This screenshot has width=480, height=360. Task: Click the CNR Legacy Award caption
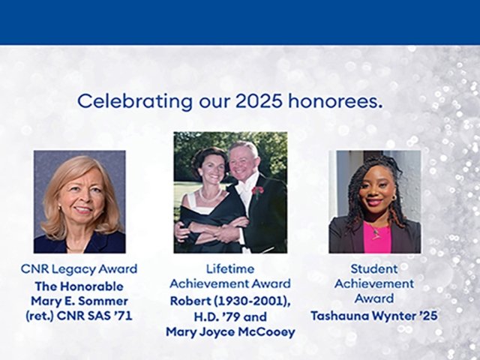pyautogui.click(x=79, y=268)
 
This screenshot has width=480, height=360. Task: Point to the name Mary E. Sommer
pyautogui.click(x=79, y=300)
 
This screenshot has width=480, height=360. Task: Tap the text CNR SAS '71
pyautogui.click(x=97, y=315)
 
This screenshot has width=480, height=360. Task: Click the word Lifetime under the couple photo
pyautogui.click(x=229, y=268)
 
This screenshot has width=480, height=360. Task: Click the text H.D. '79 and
pyautogui.click(x=231, y=315)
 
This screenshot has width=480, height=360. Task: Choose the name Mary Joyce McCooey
pyautogui.click(x=229, y=331)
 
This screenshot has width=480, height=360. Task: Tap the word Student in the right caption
pyautogui.click(x=373, y=268)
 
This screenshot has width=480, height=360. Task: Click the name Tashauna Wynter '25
pyautogui.click(x=373, y=315)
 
